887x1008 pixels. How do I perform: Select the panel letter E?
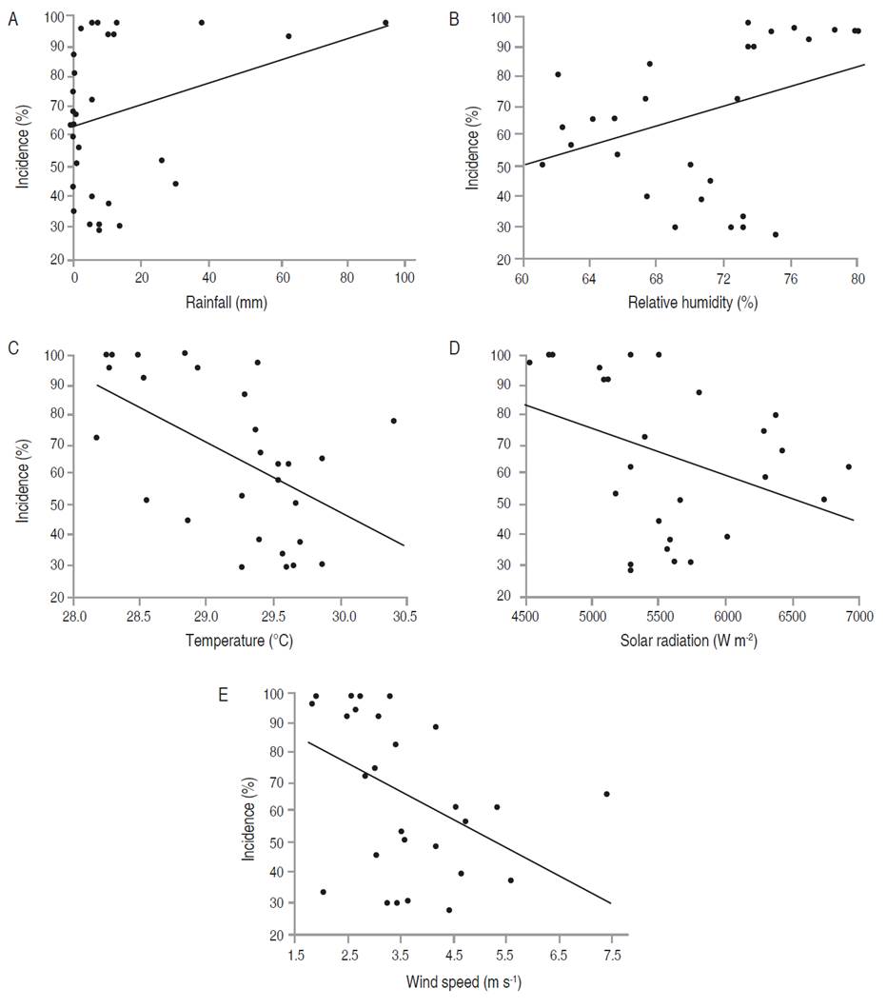click(x=224, y=695)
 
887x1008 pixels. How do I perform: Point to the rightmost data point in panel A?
click(x=385, y=23)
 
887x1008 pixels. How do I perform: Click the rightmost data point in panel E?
click(x=606, y=794)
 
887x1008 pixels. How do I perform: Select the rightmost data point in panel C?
click(x=393, y=421)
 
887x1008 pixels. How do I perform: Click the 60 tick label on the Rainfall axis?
click(x=282, y=278)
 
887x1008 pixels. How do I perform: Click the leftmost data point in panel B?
click(x=542, y=165)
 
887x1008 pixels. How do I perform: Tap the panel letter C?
click(x=11, y=348)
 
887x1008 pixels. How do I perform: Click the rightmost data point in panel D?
click(x=849, y=466)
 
